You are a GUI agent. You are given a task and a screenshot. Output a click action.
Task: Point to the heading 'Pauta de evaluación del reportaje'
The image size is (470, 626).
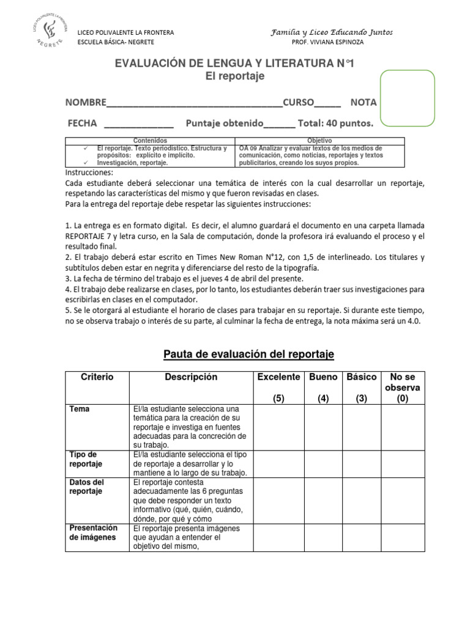248,355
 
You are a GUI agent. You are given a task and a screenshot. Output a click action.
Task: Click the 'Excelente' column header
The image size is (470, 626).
278,377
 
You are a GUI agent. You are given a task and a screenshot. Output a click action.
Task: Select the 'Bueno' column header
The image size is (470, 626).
324,377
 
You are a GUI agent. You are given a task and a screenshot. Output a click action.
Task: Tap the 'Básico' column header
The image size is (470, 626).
361,377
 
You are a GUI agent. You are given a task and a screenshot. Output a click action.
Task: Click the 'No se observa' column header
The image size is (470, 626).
403,388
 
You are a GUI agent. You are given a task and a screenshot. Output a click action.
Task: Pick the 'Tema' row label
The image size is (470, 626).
78,408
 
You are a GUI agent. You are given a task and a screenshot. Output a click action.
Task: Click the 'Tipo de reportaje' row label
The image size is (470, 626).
84,459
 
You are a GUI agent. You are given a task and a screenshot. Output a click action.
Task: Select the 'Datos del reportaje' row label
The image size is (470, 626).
86,487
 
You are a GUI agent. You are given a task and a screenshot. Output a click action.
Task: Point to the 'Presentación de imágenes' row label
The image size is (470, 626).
93,532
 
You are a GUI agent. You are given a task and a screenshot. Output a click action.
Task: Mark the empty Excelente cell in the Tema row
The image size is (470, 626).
278,427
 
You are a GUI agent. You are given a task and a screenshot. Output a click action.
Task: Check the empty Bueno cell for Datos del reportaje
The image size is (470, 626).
324,501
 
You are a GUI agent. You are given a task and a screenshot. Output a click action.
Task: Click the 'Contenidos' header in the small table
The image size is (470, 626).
150,141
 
